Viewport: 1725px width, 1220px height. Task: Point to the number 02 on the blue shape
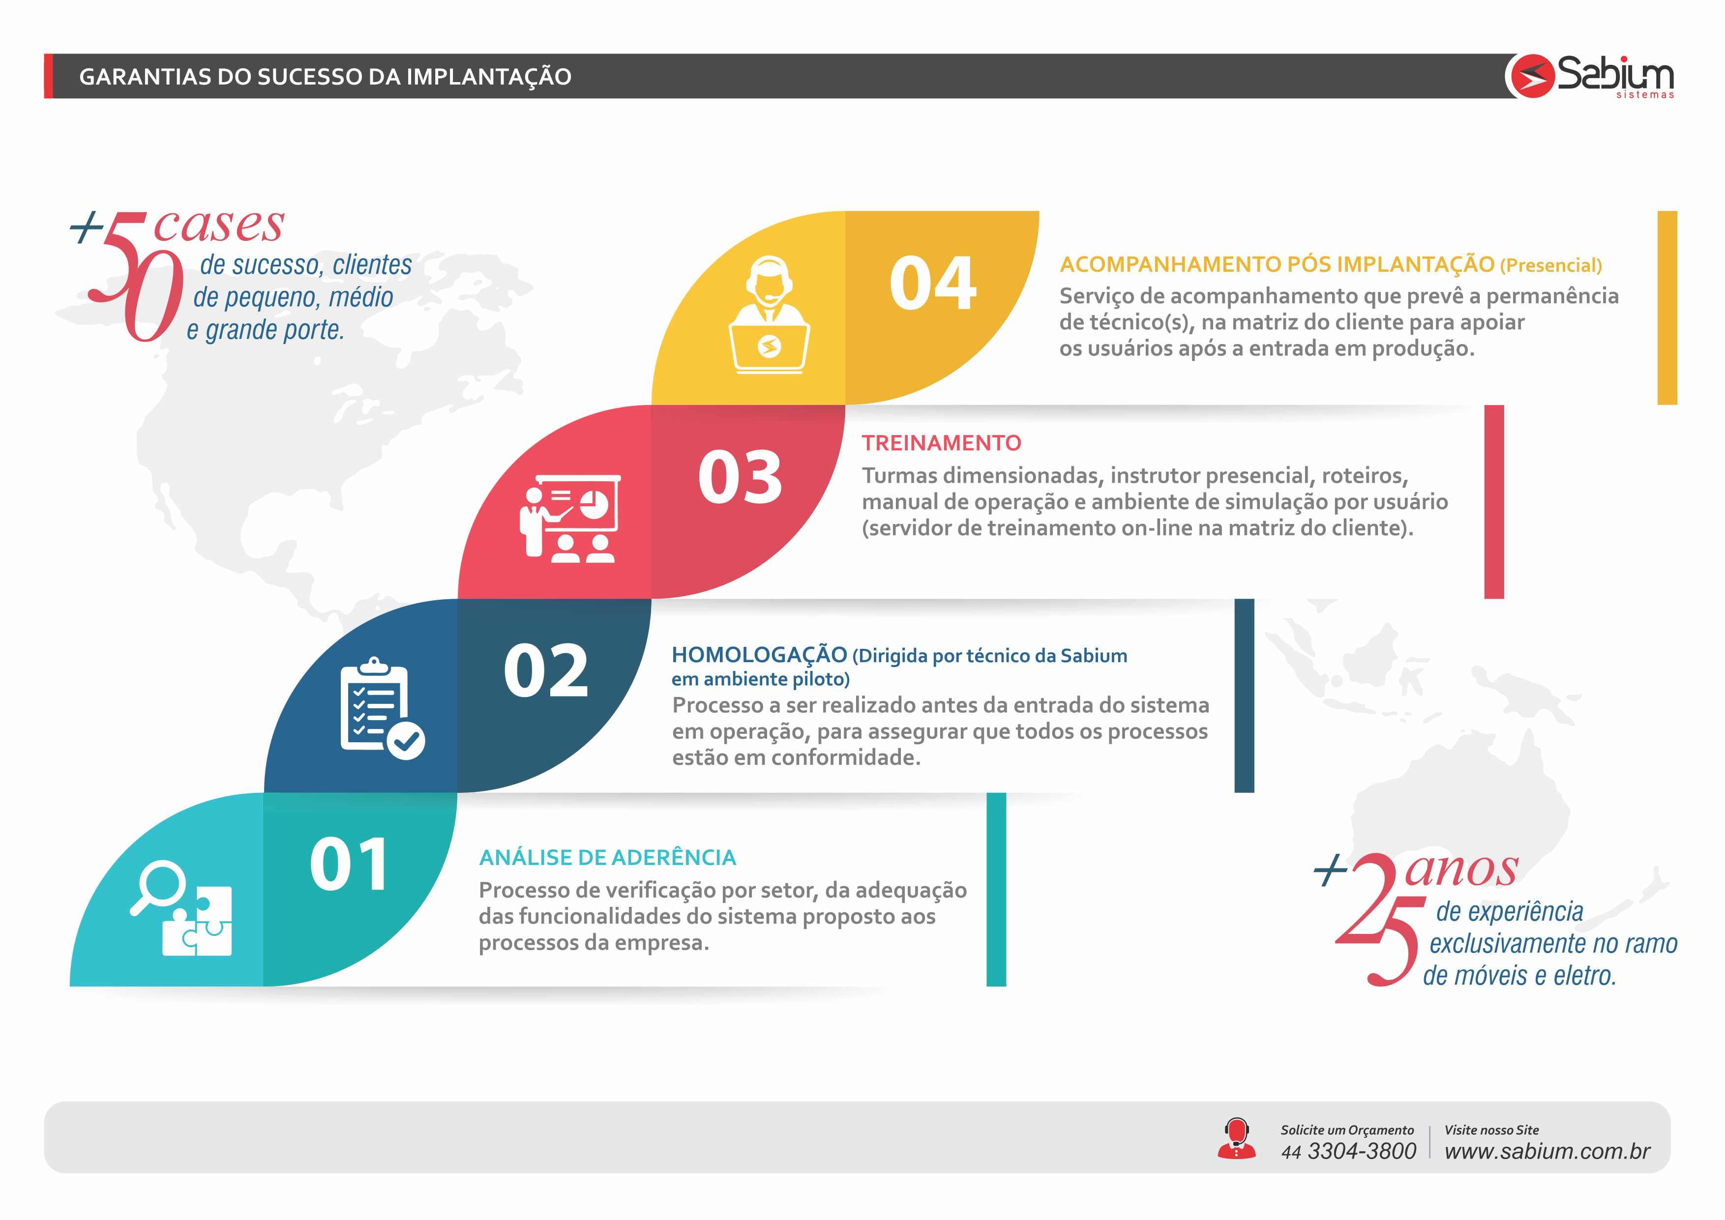[x=546, y=671]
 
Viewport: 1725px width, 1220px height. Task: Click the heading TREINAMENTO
[x=941, y=443]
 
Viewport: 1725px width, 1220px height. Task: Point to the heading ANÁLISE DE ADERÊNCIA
[x=608, y=857]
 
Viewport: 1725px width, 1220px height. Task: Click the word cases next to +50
[x=219, y=225]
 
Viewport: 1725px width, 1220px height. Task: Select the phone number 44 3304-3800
[x=1349, y=1151]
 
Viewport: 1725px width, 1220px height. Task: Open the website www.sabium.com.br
[x=1547, y=1151]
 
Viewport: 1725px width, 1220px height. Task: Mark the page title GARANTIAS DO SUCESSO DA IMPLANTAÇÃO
[x=326, y=77]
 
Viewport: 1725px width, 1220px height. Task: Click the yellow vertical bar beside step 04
[x=1667, y=308]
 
